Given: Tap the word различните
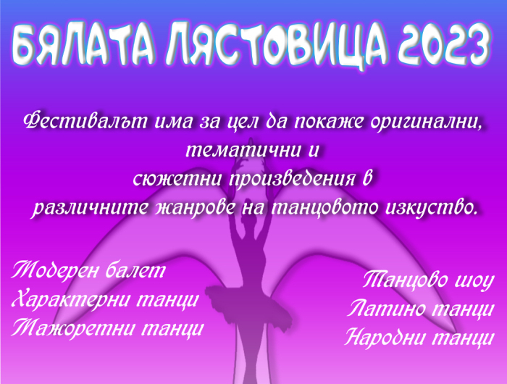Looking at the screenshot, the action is [91, 207].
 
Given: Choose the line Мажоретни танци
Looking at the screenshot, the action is [107, 328].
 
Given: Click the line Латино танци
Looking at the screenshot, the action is [421, 309].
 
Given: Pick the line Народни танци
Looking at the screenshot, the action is [419, 338].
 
